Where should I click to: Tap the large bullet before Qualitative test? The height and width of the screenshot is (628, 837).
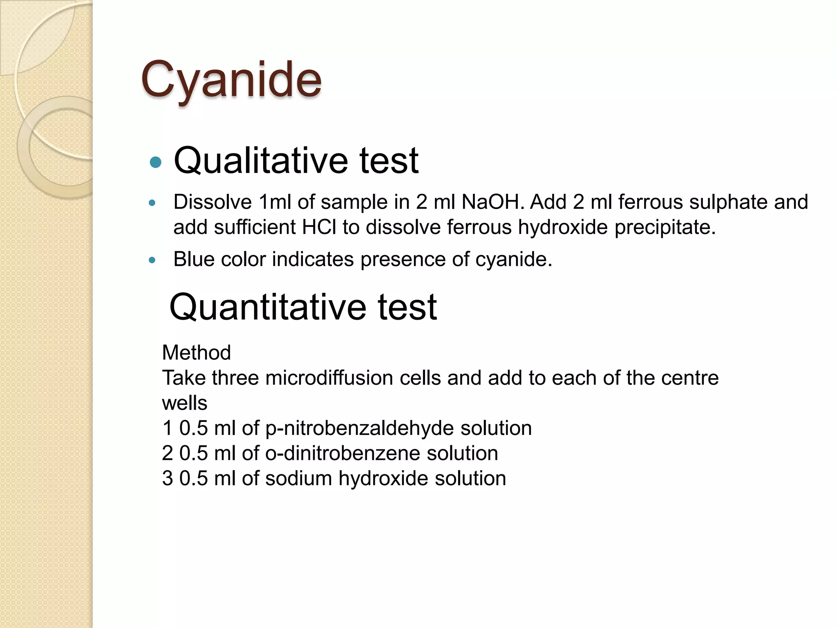tap(156, 162)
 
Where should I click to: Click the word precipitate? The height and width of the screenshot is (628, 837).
tap(665, 227)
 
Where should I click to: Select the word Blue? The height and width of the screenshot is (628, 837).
tap(194, 259)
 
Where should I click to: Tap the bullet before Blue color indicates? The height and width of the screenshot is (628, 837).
tap(152, 260)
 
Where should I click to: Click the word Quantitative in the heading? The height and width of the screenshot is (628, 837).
tap(267, 307)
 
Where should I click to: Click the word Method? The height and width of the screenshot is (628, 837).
tap(197, 352)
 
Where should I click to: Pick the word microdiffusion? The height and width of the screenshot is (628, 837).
tap(329, 378)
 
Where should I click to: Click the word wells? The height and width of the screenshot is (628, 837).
tap(185, 403)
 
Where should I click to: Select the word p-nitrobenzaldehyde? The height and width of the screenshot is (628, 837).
tap(360, 428)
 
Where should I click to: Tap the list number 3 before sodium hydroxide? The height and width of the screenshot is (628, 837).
tap(168, 479)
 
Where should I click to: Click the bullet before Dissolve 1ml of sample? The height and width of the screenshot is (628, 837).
tap(152, 203)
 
